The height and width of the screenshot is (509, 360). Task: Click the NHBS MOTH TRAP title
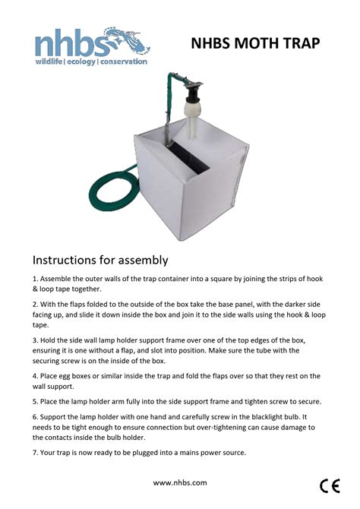point(255,43)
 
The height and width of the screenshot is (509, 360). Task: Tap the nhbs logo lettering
point(72,43)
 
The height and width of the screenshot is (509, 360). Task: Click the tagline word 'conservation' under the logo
point(124,62)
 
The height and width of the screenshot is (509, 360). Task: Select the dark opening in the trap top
point(189,157)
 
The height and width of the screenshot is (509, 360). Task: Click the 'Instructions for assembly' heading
point(100,260)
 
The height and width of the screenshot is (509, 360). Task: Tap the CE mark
point(330,486)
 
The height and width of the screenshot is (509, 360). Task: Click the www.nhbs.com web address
point(180,482)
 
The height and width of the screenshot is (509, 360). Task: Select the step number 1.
point(35,279)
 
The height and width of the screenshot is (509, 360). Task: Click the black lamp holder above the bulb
point(191,93)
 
